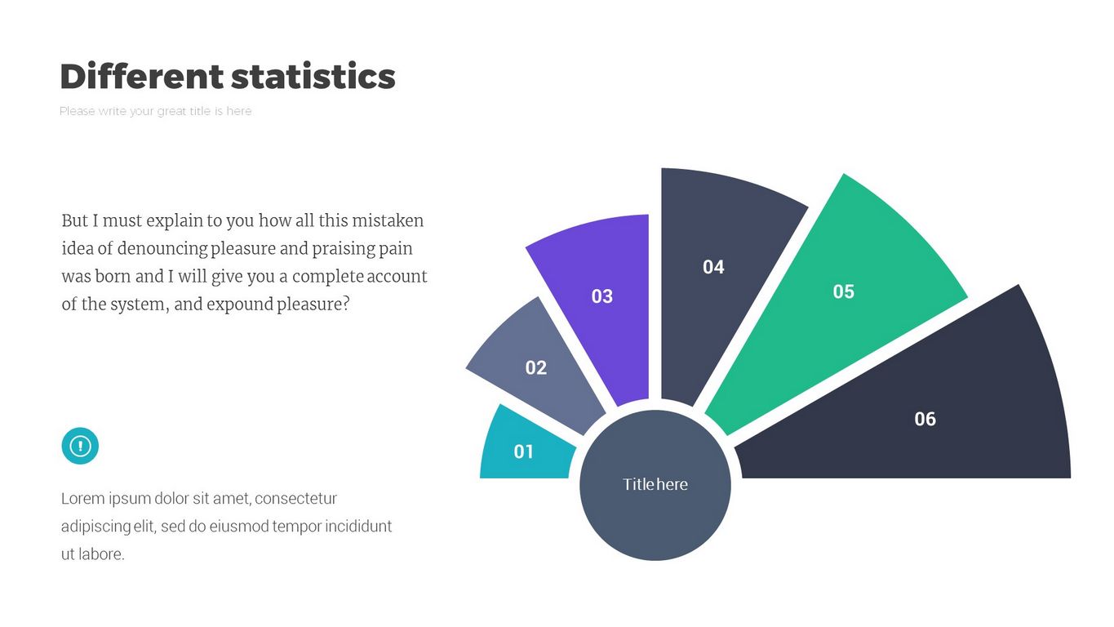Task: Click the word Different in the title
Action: (x=141, y=77)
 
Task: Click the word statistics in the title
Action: (x=313, y=77)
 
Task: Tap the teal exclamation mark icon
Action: (x=80, y=446)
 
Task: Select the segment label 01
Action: (x=524, y=451)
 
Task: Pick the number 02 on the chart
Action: (x=536, y=367)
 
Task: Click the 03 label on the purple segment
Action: (x=602, y=296)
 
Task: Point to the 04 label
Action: (x=713, y=267)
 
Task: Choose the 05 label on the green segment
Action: (x=843, y=291)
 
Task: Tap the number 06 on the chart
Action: (x=925, y=419)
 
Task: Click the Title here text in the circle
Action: (x=655, y=484)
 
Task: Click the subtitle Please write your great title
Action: (x=156, y=111)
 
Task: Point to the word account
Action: (x=397, y=276)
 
